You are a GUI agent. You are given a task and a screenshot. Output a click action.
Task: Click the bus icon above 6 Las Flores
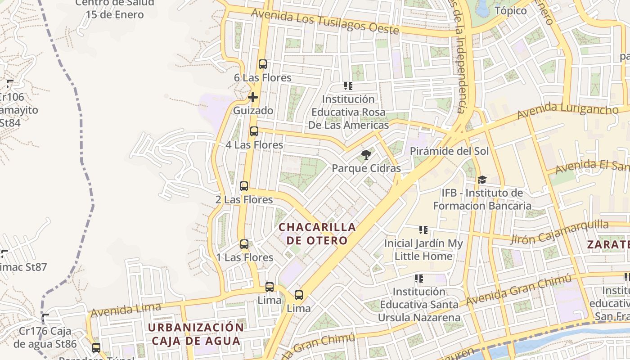tap(263, 64)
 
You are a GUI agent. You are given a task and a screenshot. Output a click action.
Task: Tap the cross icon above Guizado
tap(253, 97)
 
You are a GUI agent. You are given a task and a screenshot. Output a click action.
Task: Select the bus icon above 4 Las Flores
tap(254, 131)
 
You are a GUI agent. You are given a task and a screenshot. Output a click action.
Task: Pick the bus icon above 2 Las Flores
tap(244, 186)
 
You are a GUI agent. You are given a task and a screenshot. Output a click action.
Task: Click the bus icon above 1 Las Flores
tap(244, 244)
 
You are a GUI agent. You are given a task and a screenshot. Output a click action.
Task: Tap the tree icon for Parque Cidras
tap(366, 155)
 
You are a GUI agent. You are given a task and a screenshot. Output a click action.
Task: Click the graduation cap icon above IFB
tap(482, 180)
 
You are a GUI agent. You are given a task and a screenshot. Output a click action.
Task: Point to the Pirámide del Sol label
tap(449, 151)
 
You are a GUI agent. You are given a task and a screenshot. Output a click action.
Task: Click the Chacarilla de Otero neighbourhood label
tap(317, 234)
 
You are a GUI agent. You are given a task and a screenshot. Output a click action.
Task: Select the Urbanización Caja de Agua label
tap(196, 333)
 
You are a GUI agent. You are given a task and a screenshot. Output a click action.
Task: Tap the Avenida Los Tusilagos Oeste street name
tap(325, 21)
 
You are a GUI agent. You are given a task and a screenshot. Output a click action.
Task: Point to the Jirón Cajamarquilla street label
tap(559, 232)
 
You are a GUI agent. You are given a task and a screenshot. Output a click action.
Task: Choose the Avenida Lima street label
tap(126, 310)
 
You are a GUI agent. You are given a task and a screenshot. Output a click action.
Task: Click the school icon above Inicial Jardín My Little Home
tap(423, 230)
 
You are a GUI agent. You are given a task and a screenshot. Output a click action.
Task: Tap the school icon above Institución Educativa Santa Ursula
tap(419, 279)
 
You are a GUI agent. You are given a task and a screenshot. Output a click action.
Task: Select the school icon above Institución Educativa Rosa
tap(348, 85)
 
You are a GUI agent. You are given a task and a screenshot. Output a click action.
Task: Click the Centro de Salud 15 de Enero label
tap(115, 9)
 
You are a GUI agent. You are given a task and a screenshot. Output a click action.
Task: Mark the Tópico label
tap(511, 11)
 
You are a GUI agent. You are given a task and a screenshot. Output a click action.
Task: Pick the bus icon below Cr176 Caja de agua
tap(96, 347)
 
